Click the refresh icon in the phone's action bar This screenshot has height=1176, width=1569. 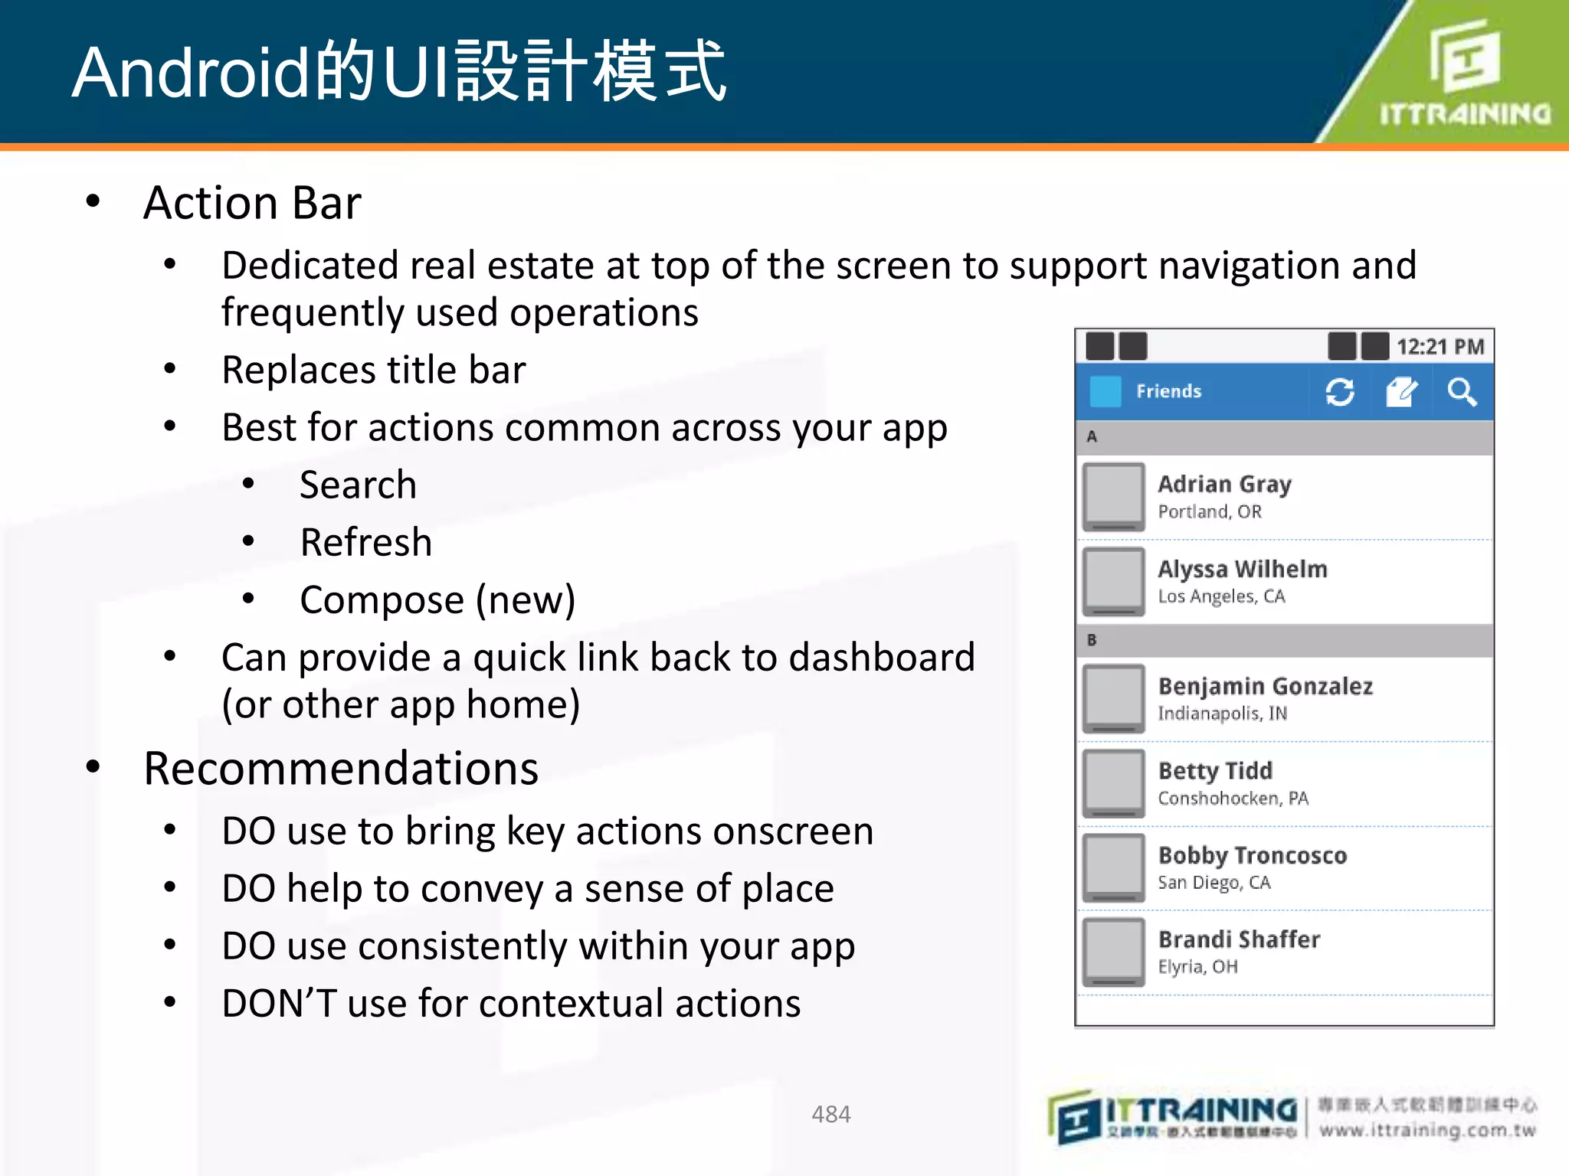click(1339, 392)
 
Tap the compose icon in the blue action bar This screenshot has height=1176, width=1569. click(1401, 392)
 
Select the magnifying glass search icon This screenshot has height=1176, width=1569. click(1462, 392)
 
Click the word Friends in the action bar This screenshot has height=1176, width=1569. click(1168, 391)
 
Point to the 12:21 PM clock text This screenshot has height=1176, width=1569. click(1440, 347)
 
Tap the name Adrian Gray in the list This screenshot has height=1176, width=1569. click(1224, 484)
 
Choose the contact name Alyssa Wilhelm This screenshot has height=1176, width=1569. click(1242, 569)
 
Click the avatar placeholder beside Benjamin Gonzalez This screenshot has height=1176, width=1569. click(1114, 697)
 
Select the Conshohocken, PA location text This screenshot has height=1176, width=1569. click(1233, 799)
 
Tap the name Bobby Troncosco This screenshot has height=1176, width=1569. click(1252, 855)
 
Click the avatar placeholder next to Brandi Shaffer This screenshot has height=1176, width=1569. click(1114, 952)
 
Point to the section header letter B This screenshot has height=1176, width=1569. click(1092, 640)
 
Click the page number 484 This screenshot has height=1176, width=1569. click(830, 1114)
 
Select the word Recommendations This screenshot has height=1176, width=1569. click(341, 769)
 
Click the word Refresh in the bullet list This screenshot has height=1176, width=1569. click(366, 543)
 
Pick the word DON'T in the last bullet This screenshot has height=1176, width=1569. click(279, 1004)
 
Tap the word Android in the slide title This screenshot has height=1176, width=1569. click(190, 73)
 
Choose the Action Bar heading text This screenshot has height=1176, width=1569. click(252, 204)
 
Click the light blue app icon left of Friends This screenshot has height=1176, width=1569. click(1105, 391)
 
